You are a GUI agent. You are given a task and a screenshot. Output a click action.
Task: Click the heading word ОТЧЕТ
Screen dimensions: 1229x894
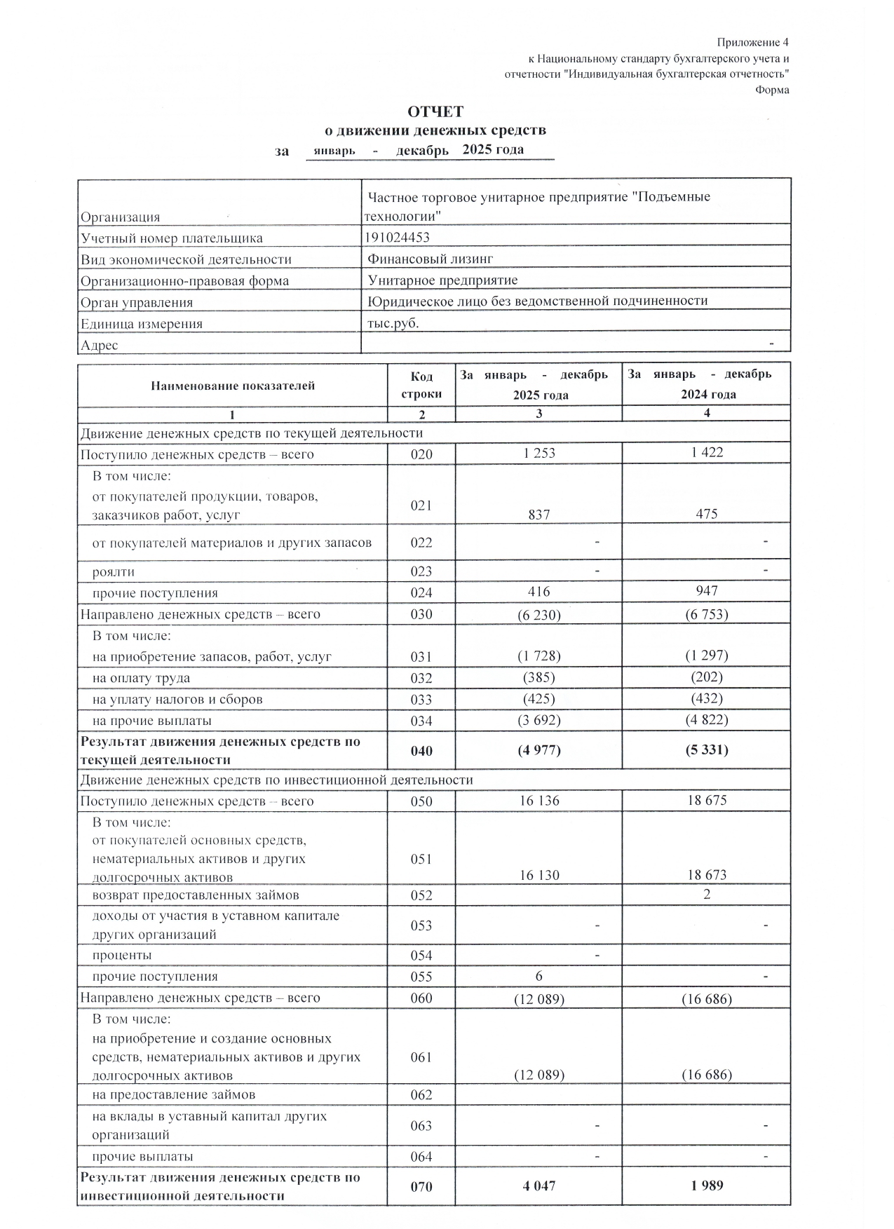(x=435, y=112)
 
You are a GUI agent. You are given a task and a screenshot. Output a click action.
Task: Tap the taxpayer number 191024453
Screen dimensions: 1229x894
(x=398, y=238)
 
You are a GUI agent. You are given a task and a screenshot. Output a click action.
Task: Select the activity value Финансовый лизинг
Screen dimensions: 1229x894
(x=430, y=259)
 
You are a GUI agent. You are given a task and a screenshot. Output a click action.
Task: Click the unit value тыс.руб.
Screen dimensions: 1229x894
(x=393, y=323)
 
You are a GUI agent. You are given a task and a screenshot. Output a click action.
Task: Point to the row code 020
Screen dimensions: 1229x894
(x=421, y=454)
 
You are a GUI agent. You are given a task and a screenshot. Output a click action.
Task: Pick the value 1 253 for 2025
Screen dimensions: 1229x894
(x=539, y=453)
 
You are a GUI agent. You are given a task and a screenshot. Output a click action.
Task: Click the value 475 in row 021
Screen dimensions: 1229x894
(x=706, y=514)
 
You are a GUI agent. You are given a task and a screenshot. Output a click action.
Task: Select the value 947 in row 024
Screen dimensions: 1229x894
(x=706, y=591)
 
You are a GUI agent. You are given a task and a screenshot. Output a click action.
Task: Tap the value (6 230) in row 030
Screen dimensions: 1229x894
(x=539, y=615)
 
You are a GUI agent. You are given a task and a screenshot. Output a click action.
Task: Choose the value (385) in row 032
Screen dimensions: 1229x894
(x=539, y=678)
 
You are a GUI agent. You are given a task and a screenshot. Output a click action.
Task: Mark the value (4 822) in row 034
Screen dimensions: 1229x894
(x=706, y=720)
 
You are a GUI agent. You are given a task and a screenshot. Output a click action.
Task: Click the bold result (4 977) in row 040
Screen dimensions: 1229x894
(x=539, y=750)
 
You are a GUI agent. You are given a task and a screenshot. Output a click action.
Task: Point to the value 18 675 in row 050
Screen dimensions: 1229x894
(x=706, y=801)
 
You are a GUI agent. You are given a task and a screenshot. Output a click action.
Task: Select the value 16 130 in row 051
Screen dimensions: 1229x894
(x=539, y=875)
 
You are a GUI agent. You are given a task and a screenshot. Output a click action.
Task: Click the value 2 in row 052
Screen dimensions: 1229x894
(x=707, y=895)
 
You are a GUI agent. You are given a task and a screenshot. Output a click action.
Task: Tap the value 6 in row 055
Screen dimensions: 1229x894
(x=539, y=976)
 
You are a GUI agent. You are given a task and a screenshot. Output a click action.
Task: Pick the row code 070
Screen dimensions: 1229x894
(x=421, y=1186)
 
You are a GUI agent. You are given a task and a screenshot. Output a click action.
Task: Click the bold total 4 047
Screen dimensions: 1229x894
(x=539, y=1186)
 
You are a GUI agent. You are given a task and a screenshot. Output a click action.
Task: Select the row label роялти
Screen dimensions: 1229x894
(x=114, y=571)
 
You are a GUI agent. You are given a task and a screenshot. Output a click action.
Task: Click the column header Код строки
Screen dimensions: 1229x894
(x=421, y=385)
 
